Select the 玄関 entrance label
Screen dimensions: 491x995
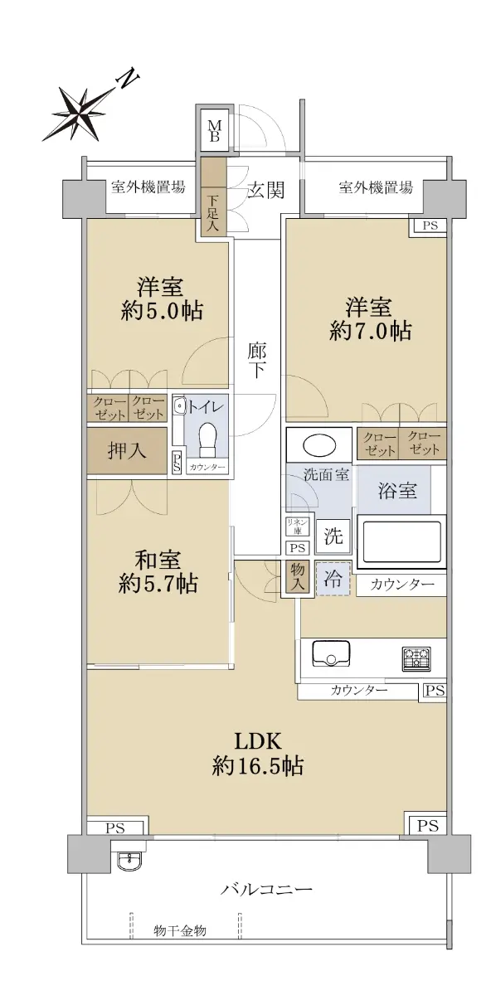(x=265, y=190)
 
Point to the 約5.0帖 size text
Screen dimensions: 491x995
(x=163, y=310)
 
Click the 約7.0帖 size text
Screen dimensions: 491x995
(x=370, y=331)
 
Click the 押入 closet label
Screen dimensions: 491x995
(x=127, y=450)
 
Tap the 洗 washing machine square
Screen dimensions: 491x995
(x=333, y=536)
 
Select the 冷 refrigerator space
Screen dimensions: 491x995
(x=333, y=579)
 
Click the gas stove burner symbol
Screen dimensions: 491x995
(x=416, y=658)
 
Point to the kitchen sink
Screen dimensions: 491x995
(x=331, y=653)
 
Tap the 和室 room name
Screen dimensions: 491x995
(x=158, y=561)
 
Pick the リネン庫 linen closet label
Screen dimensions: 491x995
(x=297, y=527)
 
